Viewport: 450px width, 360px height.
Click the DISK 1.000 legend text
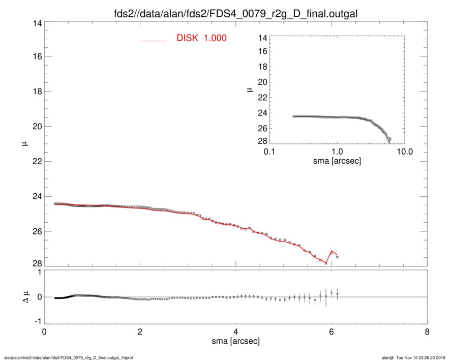point(201,39)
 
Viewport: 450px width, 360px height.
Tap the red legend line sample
point(154,40)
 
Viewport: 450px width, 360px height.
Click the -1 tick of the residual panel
point(36,322)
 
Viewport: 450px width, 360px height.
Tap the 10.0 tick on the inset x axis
point(404,152)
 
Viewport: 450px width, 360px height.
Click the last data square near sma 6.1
point(337,257)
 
